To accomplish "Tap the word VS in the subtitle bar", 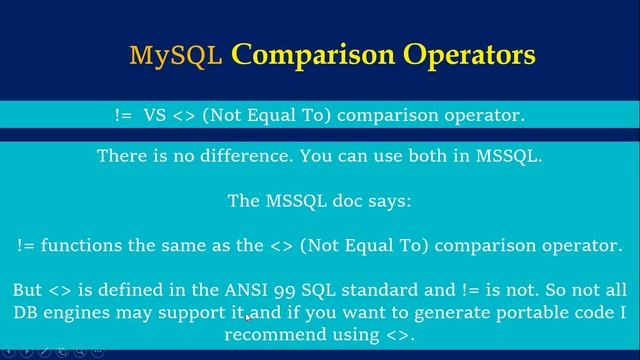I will coord(156,115).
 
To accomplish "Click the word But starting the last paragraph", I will coord(28,290).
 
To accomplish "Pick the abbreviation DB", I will coord(27,313).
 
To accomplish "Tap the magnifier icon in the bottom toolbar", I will coord(79,353).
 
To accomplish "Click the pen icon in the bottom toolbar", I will coord(43,353).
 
